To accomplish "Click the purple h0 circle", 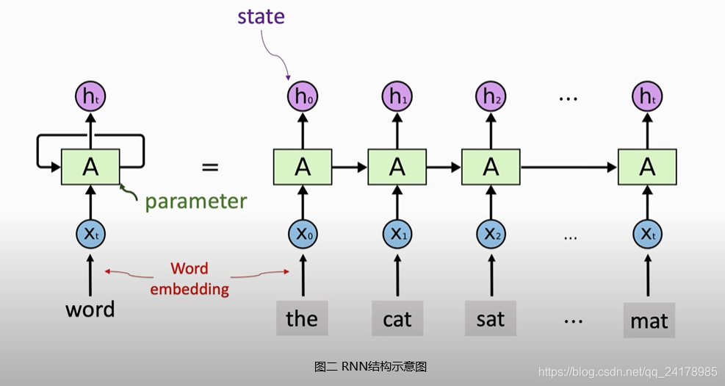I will (303, 96).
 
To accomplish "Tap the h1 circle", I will (397, 96).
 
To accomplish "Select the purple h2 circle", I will (490, 96).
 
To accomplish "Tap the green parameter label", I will (195, 201).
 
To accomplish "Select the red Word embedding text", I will (190, 279).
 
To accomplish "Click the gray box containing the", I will (302, 318).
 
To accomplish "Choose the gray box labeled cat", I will (397, 318).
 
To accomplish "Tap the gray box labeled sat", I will (491, 318).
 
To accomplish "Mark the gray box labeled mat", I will (649, 320).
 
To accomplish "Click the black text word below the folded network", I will (90, 309).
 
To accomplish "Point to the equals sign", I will (210, 167).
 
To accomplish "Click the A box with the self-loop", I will (90, 167).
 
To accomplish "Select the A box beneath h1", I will (397, 167).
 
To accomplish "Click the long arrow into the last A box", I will (569, 167).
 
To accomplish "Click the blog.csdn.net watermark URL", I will (627, 371).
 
